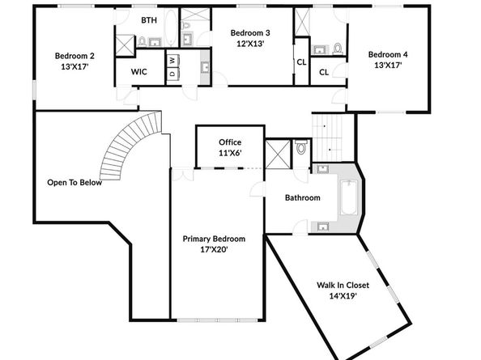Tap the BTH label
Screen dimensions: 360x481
pyautogui.click(x=149, y=19)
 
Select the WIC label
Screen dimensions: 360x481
pyautogui.click(x=138, y=72)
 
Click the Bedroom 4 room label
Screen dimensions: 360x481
pyautogui.click(x=388, y=54)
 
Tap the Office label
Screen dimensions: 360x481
pyautogui.click(x=230, y=142)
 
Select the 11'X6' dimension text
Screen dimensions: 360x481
pyautogui.click(x=230, y=153)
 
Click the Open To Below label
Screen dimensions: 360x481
pyautogui.click(x=74, y=182)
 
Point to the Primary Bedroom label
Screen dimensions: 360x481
pyautogui.click(x=214, y=239)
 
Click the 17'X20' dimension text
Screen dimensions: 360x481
pyautogui.click(x=214, y=250)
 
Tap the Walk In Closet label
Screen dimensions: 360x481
pyautogui.click(x=343, y=285)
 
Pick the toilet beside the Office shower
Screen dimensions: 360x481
pyautogui.click(x=300, y=149)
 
